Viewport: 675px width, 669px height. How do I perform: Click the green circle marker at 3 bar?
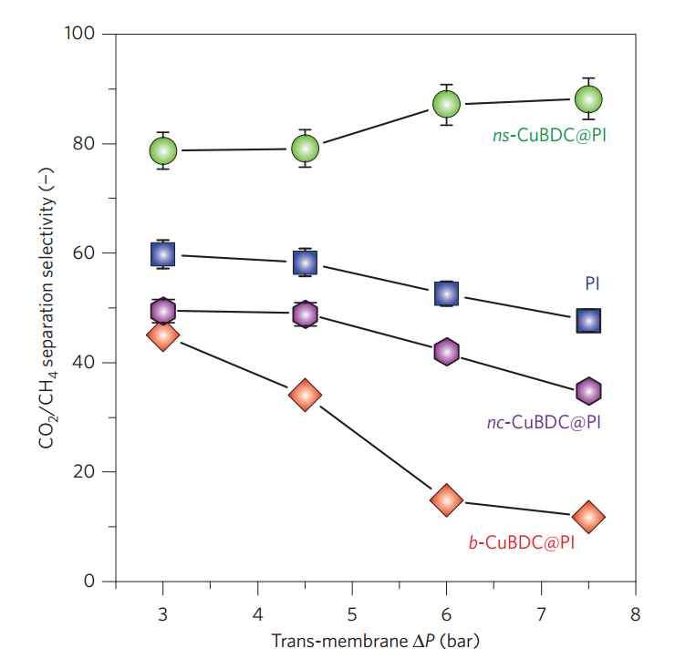pyautogui.click(x=163, y=150)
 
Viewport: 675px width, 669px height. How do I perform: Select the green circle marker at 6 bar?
pyautogui.click(x=446, y=104)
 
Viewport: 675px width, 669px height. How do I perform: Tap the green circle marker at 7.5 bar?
pyautogui.click(x=588, y=98)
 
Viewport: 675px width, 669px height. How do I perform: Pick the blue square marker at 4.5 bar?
pyautogui.click(x=305, y=262)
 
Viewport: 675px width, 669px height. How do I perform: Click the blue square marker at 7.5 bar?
pyautogui.click(x=588, y=320)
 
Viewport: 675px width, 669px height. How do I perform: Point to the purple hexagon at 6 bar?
pyautogui.click(x=446, y=351)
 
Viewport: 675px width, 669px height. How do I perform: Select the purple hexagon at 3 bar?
pyautogui.click(x=163, y=311)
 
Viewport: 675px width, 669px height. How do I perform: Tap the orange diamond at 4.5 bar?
pyautogui.click(x=305, y=395)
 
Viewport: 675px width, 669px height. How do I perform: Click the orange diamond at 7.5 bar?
pyautogui.click(x=588, y=517)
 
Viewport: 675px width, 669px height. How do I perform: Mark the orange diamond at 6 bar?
pyautogui.click(x=446, y=499)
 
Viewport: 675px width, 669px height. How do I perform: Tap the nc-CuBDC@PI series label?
pyautogui.click(x=545, y=422)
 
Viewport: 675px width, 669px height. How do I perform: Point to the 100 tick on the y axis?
pyautogui.click(x=85, y=35)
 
